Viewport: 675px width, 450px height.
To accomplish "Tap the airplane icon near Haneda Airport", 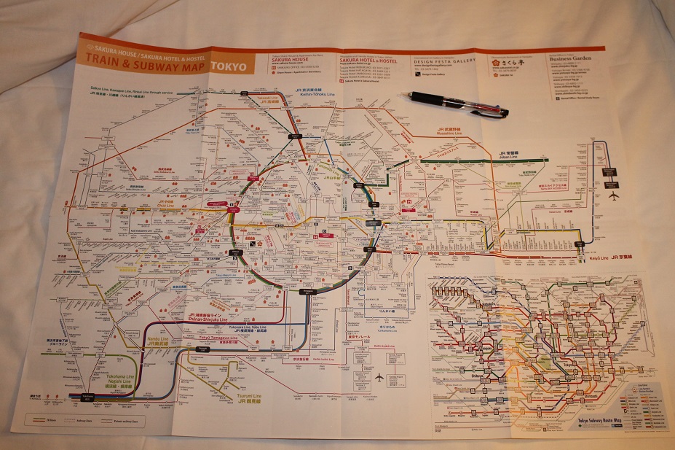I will [x=379, y=377].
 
